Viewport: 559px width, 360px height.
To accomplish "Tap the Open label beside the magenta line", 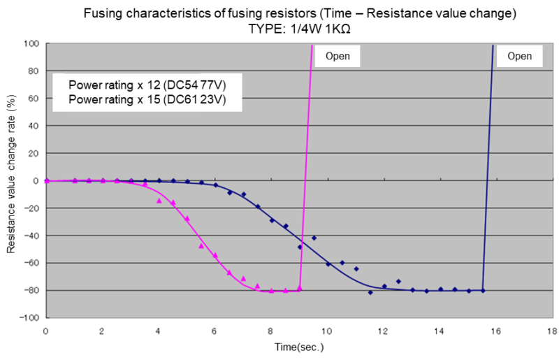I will coord(338,56).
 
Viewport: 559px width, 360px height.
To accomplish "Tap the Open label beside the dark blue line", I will coord(519,56).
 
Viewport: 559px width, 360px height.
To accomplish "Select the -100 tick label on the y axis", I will coord(29,317).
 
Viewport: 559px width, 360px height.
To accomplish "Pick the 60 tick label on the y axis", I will coord(32,98).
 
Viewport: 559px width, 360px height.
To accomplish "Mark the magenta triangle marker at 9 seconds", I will coord(299,287).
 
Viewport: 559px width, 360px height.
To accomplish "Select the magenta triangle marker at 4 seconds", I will coord(159,201).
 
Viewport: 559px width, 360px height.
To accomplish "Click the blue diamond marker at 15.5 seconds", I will coord(482,290).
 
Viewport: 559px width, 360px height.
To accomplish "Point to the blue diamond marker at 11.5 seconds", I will coord(370,292).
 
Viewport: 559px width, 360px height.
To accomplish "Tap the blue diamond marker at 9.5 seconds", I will coord(314,238).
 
